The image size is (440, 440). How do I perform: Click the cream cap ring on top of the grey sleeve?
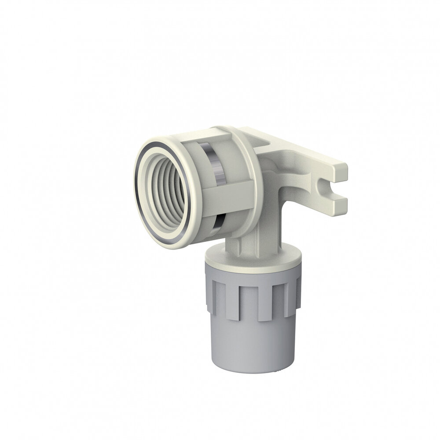[253, 260]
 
